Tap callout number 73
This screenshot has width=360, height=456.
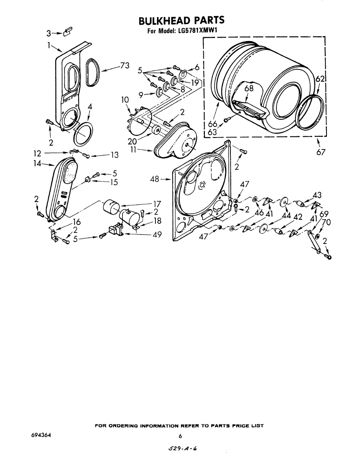(x=125, y=66)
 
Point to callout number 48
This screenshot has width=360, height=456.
(x=155, y=179)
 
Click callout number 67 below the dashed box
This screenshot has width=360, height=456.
(x=320, y=152)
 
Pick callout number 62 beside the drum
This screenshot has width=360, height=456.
(x=320, y=79)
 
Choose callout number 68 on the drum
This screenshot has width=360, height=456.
(x=249, y=88)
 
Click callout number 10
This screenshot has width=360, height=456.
(x=125, y=100)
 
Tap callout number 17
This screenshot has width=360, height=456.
(x=157, y=204)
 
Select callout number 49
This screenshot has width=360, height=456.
(x=157, y=234)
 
